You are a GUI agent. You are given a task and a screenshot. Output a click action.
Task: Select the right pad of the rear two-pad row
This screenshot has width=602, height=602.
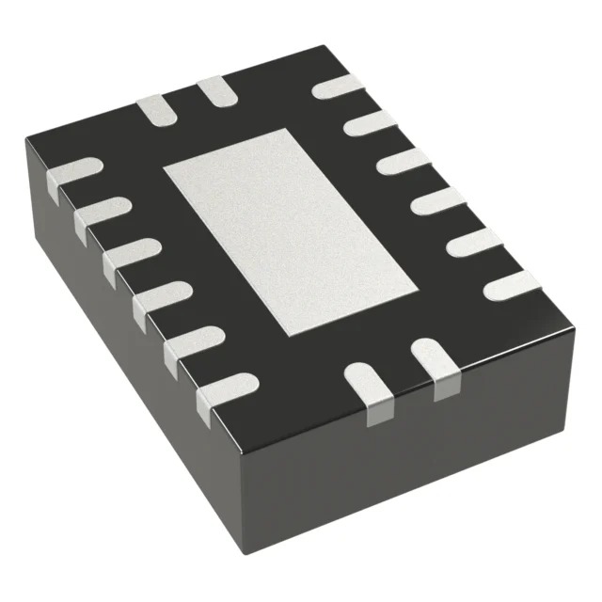(215, 92)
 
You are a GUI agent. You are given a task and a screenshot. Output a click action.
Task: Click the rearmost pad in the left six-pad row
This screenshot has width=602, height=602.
(73, 173)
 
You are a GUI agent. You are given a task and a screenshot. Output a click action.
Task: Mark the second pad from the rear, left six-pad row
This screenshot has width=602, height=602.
(102, 213)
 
